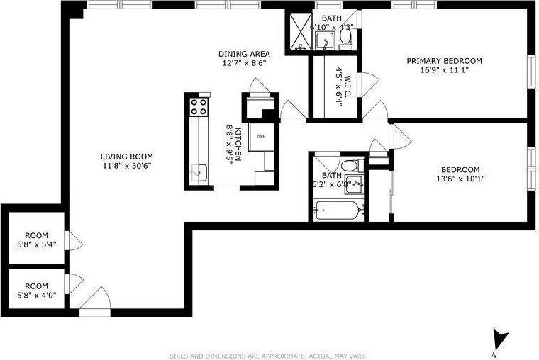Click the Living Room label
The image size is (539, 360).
pyautogui.click(x=126, y=157)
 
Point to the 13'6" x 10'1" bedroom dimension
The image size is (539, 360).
pyautogui.click(x=460, y=179)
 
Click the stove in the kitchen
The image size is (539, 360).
pyautogui.click(x=198, y=107)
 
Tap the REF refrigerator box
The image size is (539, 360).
pyautogui.click(x=260, y=137)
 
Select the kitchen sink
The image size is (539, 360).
pyautogui.click(x=200, y=170)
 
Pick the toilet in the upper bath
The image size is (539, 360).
pyautogui.click(x=345, y=37)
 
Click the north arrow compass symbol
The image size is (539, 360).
pyautogui.click(x=501, y=339)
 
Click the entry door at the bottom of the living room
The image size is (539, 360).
pyautogui.click(x=94, y=304)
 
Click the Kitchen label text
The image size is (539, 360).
pyautogui.click(x=239, y=144)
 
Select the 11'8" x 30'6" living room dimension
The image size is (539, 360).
pyautogui.click(x=126, y=166)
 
